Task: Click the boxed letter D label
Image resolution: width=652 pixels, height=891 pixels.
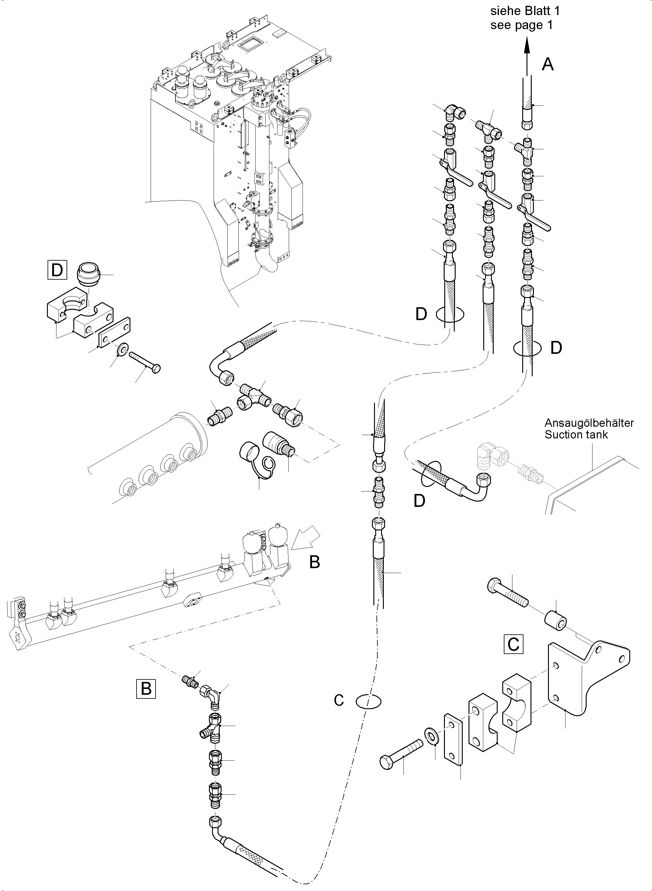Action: pos(57,270)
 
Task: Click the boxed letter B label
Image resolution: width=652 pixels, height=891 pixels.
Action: pos(146,689)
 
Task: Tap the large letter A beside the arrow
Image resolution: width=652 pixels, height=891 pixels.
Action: pos(547,64)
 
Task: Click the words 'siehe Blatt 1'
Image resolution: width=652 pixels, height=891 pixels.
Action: pos(525,11)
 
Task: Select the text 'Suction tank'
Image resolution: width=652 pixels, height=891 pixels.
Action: pos(576,435)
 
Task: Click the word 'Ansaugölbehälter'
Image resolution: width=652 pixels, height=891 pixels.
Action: pos(589,423)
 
